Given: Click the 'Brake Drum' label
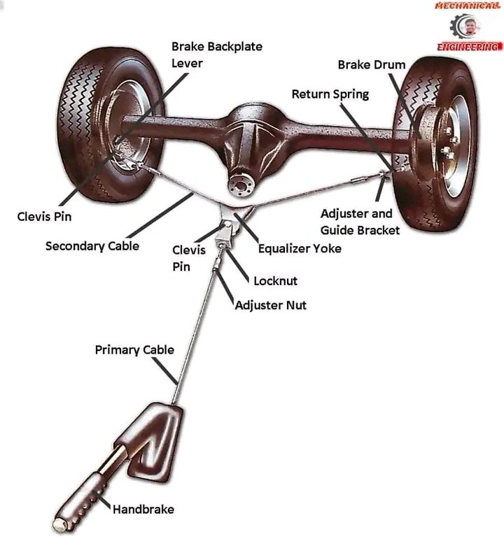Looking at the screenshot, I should [x=372, y=65].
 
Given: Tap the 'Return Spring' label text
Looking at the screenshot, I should [x=330, y=94].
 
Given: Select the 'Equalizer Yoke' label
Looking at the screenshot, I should [x=300, y=248].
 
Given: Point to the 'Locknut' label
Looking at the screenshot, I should [x=275, y=281].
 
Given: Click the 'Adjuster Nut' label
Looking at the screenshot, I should [x=270, y=305].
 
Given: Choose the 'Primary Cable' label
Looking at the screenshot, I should [x=134, y=349].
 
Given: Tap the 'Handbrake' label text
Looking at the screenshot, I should [x=143, y=510].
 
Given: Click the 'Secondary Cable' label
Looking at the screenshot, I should [x=92, y=246].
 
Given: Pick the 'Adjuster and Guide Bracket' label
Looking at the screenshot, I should [x=360, y=222].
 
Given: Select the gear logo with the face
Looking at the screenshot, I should [x=468, y=27].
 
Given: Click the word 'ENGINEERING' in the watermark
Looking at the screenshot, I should [x=468, y=47].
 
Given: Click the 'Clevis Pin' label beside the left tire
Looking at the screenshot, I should [x=44, y=217].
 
